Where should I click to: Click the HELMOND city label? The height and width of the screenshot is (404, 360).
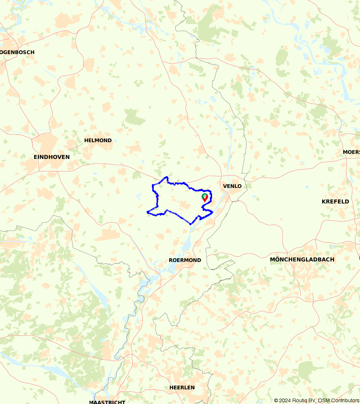tap(98, 140)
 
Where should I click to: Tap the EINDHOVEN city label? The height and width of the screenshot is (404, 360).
tap(51, 157)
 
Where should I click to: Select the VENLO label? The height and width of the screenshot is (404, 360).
tap(232, 186)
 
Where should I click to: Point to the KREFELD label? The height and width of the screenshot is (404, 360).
tap(335, 201)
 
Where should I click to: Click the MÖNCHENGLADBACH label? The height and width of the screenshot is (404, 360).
tap(302, 259)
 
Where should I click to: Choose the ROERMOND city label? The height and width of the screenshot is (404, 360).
tap(185, 260)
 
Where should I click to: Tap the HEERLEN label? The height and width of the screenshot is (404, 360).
tap(182, 387)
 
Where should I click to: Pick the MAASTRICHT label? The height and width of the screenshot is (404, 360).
tap(107, 401)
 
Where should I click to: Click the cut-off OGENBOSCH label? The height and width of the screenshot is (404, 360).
tap(17, 52)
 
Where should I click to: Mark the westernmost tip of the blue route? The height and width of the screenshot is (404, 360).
tap(147, 212)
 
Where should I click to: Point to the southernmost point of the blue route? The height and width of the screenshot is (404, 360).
tap(190, 224)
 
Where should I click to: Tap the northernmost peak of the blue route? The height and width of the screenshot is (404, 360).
tap(166, 177)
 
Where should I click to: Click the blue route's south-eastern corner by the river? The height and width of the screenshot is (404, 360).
tap(212, 212)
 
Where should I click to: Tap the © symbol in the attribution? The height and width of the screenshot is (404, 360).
tap(276, 400)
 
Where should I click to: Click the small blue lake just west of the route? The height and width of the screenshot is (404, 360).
tap(139, 196)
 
